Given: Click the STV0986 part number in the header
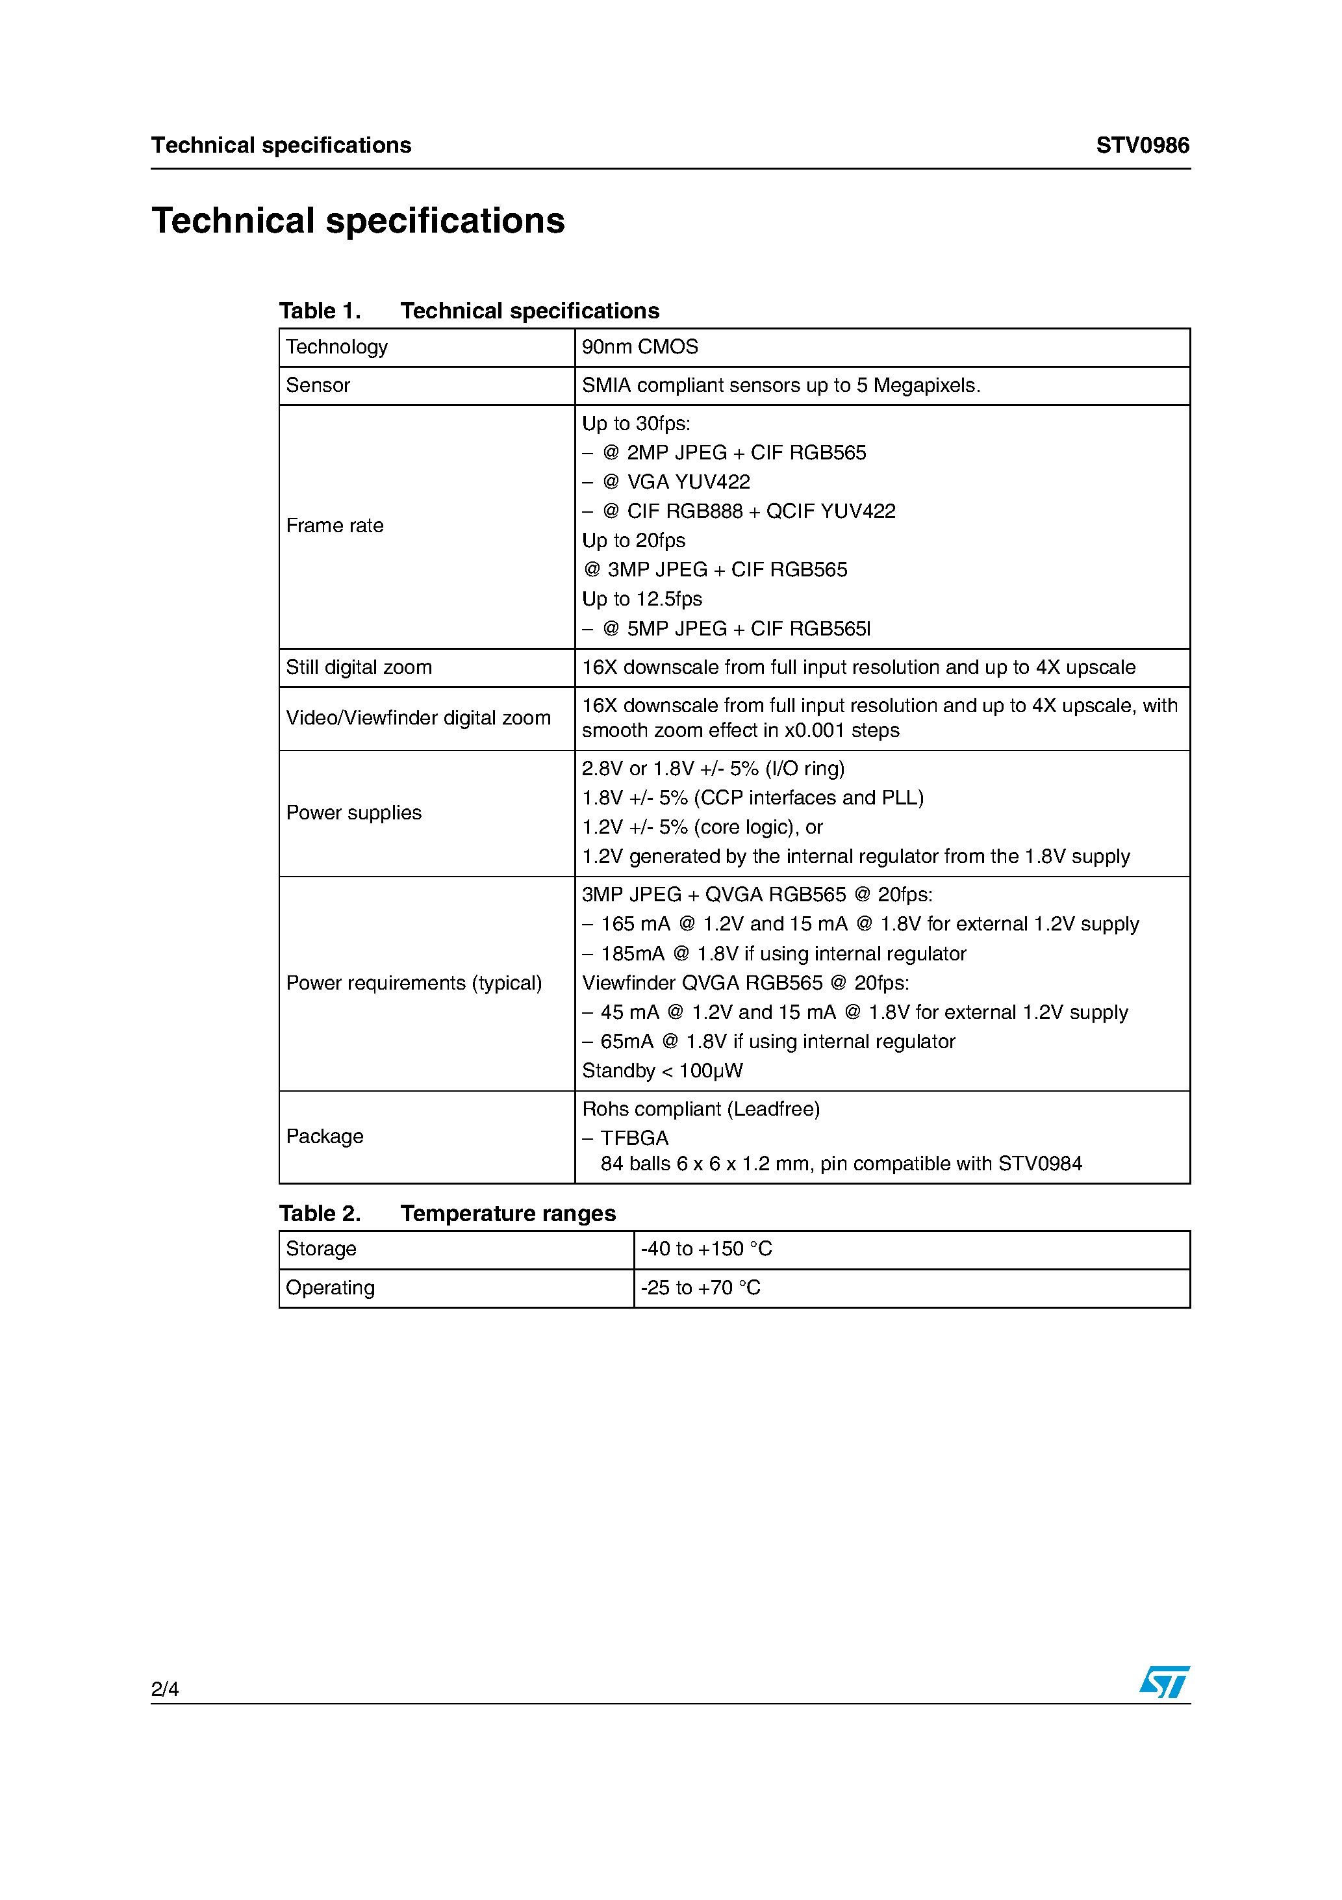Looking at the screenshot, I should [x=1142, y=146].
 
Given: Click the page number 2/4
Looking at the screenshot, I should [x=164, y=1688].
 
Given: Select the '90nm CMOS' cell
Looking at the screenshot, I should [x=640, y=347].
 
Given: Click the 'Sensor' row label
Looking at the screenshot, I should [x=318, y=385].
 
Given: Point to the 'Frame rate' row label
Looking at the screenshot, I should [x=335, y=526].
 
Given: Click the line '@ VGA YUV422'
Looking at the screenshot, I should [x=676, y=481].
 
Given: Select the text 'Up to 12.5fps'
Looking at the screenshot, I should [x=641, y=598].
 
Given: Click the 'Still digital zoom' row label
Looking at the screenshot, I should [x=359, y=667].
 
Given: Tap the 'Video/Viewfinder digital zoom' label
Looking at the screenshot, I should [x=418, y=717].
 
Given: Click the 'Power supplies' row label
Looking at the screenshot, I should [x=353, y=813].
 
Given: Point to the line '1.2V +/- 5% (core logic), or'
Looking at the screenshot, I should [x=702, y=827].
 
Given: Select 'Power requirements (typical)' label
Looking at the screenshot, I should [x=414, y=982].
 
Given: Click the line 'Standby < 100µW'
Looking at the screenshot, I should [x=662, y=1070].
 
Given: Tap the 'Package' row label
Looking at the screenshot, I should [x=324, y=1136].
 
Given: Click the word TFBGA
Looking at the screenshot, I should [x=634, y=1138].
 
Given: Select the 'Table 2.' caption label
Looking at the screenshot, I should [x=320, y=1213].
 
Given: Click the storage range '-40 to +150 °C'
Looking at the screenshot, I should [x=705, y=1249].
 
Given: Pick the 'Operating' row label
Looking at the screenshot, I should [x=330, y=1288].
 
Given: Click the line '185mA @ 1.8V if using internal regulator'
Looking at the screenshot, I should [x=782, y=953].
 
